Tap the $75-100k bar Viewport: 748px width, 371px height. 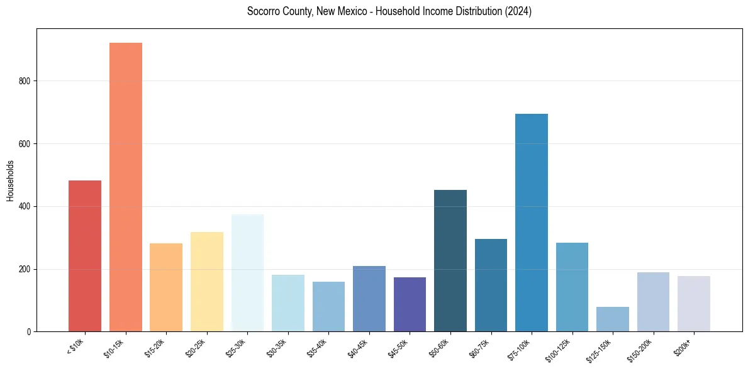click(532, 223)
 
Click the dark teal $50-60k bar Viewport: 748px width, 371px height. click(450, 260)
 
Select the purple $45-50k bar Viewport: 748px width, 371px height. click(410, 304)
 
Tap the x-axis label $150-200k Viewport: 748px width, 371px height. click(640, 350)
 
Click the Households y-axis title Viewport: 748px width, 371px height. click(10, 180)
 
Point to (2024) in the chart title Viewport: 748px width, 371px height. click(518, 11)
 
